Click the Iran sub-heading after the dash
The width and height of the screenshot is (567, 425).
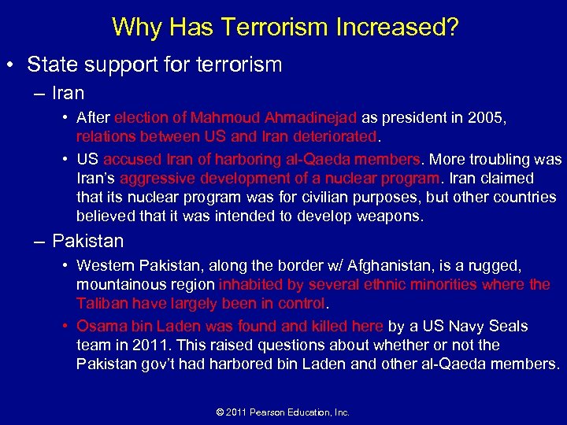(68, 93)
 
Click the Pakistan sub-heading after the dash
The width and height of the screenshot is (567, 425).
(88, 240)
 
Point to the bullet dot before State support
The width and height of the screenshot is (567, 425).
(16, 65)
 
